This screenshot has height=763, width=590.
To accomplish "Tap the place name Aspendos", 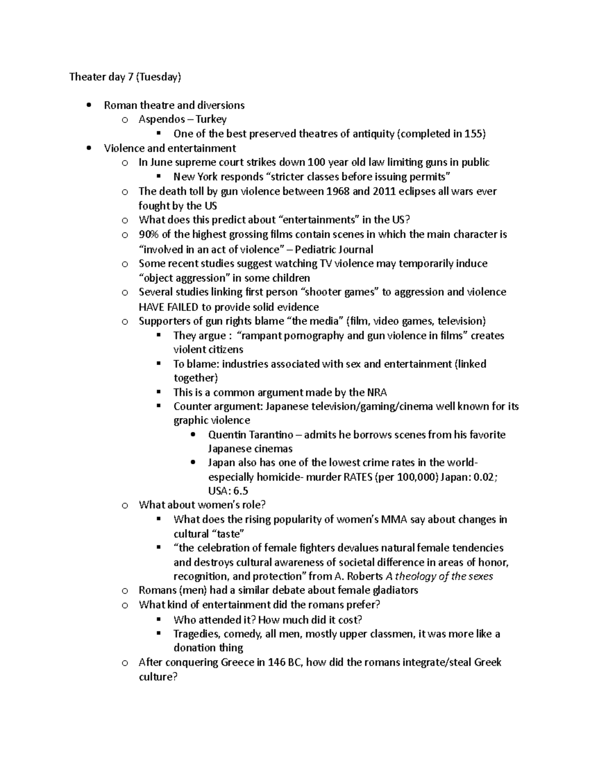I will point(162,119).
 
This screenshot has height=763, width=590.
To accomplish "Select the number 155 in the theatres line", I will point(474,134).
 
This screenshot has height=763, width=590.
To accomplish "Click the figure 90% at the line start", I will point(148,234).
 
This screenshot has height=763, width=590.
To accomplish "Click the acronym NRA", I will point(377,393).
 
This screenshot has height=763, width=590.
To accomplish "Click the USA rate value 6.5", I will point(241,491).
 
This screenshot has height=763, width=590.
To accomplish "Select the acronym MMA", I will point(394,519).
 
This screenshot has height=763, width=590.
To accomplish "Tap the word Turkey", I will point(211,119).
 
